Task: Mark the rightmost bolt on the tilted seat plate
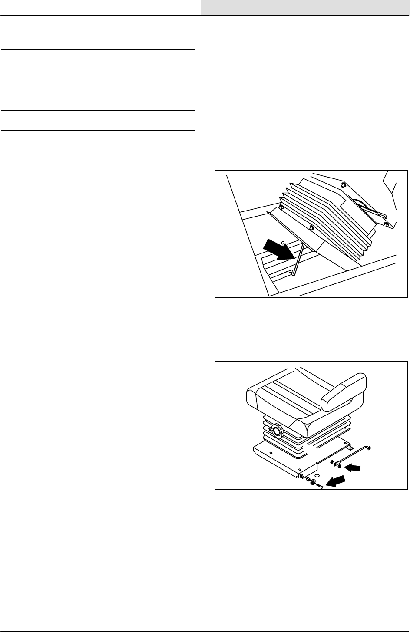[x=386, y=225]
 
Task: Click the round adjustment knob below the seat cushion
[x=275, y=431]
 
